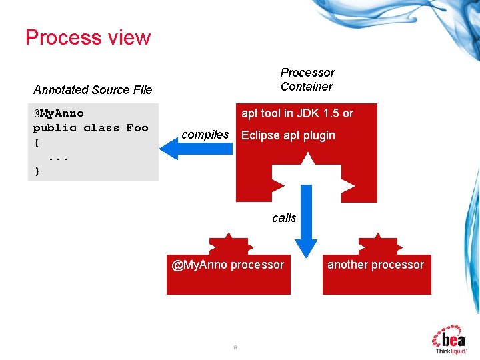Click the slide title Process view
coord(88,37)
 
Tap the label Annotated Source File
coord(93,90)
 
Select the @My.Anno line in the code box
coord(59,113)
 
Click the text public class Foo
coord(91,128)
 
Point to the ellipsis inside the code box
coord(58,157)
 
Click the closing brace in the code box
coord(37,171)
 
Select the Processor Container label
coord(307,79)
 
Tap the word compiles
coord(205,135)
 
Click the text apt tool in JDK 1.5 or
coord(297,113)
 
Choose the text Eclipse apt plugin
coord(288,135)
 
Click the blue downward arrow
coord(307,220)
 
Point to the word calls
coord(284,218)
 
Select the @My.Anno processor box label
coord(228,265)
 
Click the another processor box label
coord(375,265)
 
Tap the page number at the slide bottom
coord(235,347)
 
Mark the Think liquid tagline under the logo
coord(451,351)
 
